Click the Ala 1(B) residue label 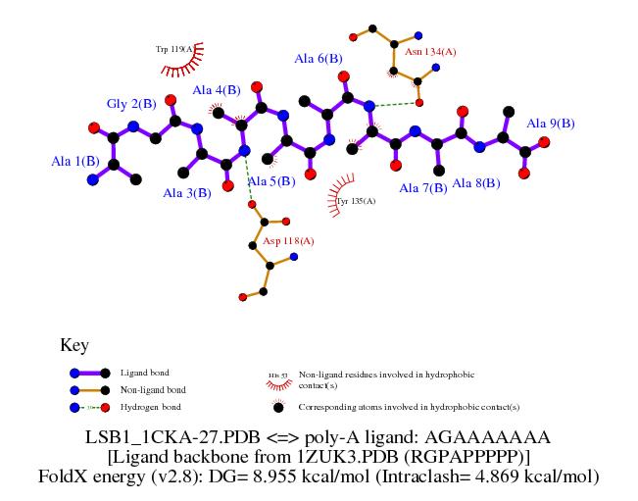coord(74,161)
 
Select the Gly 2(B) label coord(131,104)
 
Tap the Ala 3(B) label coord(187,193)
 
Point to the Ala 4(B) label coord(216,91)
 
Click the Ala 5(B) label coord(270,181)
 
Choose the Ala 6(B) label coord(319,59)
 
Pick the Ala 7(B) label coord(423,187)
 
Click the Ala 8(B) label coord(476,183)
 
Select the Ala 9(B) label coord(551,124)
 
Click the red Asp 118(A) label coord(288,240)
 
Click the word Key coord(74,345)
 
